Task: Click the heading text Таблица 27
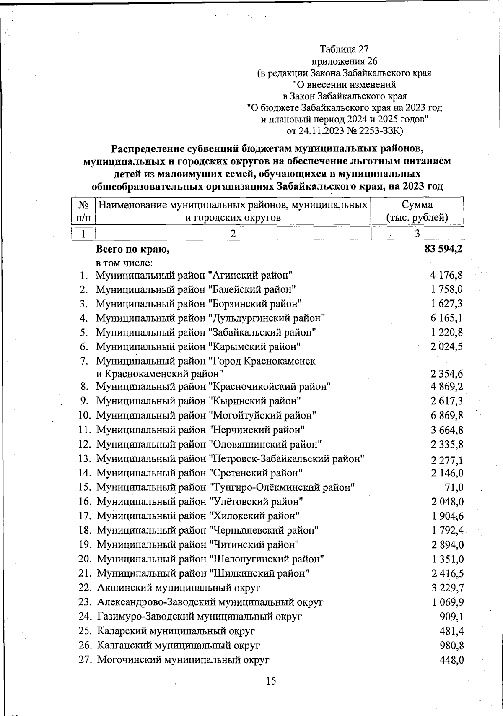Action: (344, 49)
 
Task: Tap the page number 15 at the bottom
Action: (271, 680)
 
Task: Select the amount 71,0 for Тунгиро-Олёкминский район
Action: (453, 487)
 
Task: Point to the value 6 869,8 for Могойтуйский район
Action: (446, 416)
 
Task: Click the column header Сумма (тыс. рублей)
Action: (417, 211)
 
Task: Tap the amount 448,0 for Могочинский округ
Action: (451, 660)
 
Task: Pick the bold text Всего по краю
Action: (132, 250)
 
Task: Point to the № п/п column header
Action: (83, 211)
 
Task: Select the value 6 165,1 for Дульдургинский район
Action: (446, 318)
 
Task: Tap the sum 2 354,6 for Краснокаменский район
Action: (446, 374)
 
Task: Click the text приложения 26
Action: (345, 61)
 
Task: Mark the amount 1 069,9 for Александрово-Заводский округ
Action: (448, 602)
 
